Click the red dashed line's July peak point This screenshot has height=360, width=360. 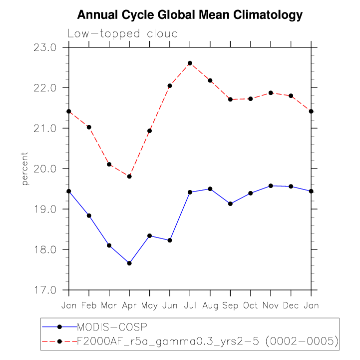point(190,63)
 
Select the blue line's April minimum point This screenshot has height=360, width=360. point(129,263)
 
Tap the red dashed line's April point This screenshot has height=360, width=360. point(129,176)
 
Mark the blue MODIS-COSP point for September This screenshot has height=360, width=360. point(231,204)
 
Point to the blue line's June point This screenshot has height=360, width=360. point(170,240)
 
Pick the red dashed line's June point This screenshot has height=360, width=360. point(170,86)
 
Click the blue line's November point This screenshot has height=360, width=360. point(271,186)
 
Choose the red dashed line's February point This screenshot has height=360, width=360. point(89,127)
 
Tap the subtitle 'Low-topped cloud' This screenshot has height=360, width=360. point(123,34)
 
